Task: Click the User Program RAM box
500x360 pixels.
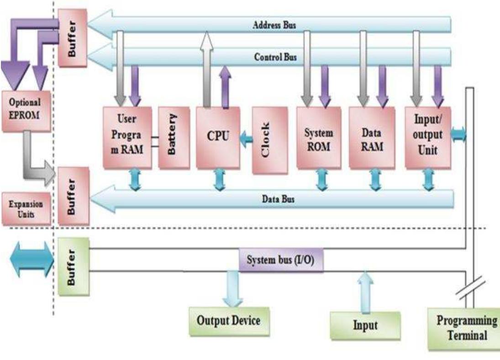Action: coord(126,137)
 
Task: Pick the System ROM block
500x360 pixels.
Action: coord(318,137)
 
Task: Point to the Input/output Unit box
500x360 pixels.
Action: coord(427,137)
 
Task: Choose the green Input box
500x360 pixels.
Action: coord(365,325)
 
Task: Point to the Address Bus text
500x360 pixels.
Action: coord(274,25)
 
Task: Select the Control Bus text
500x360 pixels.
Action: coord(275,57)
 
